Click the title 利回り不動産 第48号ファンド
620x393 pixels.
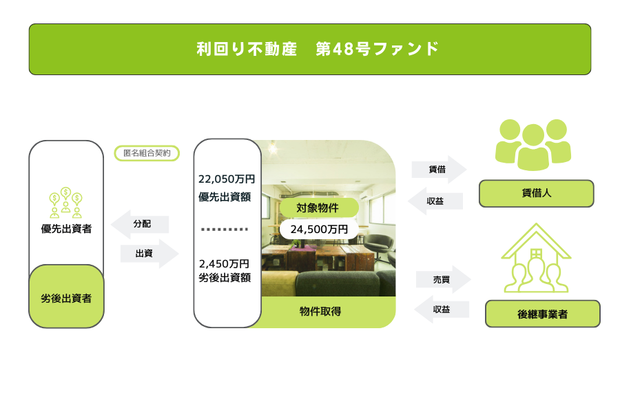click(x=318, y=49)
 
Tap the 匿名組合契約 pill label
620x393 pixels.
click(x=147, y=153)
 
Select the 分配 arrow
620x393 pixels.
click(x=140, y=224)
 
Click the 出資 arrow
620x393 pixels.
click(x=149, y=253)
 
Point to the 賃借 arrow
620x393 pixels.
click(x=439, y=170)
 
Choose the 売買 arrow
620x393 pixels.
click(x=443, y=279)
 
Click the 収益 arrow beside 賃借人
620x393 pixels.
click(x=435, y=201)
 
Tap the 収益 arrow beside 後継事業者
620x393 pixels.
click(x=442, y=310)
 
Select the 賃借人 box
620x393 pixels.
click(x=536, y=194)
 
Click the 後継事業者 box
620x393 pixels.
click(x=543, y=314)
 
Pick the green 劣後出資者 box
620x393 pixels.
click(x=66, y=296)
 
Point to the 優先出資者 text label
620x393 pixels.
click(x=66, y=229)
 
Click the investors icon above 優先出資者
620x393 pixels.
click(x=65, y=203)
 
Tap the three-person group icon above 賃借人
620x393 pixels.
click(x=533, y=145)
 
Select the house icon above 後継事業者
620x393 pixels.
click(x=536, y=258)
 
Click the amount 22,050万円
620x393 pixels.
click(x=227, y=179)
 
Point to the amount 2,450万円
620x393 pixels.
click(x=224, y=263)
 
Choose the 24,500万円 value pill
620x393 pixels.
click(x=319, y=229)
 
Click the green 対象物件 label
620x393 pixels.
click(x=319, y=208)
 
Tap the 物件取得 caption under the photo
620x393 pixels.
click(x=320, y=312)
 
